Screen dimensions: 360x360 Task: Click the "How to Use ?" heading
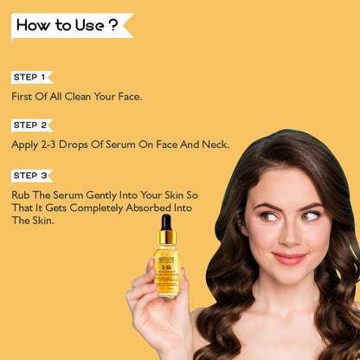(x=67, y=25)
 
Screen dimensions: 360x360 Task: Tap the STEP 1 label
(x=30, y=77)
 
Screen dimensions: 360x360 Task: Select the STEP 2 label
(x=30, y=125)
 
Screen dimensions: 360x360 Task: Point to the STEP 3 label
(x=30, y=176)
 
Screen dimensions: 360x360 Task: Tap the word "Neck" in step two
(x=215, y=145)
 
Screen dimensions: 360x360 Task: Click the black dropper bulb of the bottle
(x=165, y=222)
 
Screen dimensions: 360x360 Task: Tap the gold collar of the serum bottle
(x=166, y=237)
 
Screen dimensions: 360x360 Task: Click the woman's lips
(x=289, y=258)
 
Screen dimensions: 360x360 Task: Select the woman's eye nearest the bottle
(x=269, y=215)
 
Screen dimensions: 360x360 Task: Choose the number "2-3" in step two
(x=48, y=145)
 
